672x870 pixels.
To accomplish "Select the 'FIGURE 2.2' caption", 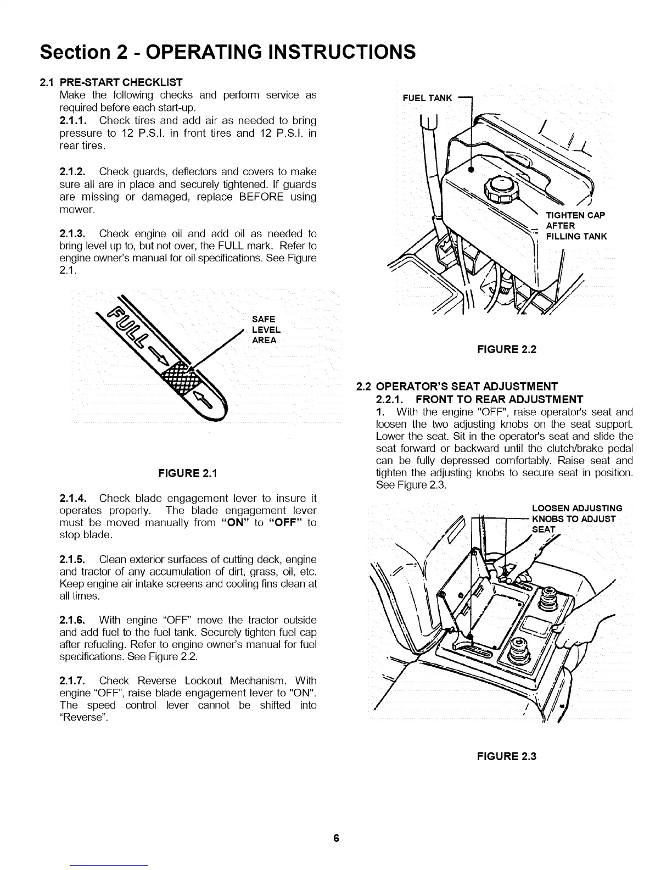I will point(506,349).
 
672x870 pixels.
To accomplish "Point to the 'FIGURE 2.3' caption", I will point(506,756).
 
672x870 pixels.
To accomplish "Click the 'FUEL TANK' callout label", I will point(427,98).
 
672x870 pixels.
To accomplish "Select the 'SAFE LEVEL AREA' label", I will point(266,330).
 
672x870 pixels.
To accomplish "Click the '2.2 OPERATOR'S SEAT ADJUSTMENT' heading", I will point(457,386).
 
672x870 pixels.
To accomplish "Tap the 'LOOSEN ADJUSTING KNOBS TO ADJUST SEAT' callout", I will point(576,518).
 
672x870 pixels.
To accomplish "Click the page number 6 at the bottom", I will point(336,839).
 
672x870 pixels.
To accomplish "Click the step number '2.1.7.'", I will point(74,681).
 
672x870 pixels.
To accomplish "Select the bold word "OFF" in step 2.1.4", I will point(285,522).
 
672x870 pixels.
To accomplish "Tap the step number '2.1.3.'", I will point(74,233).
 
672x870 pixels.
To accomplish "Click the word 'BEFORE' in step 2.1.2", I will point(261,197).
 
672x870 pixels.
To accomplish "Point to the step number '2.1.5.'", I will point(74,560).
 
